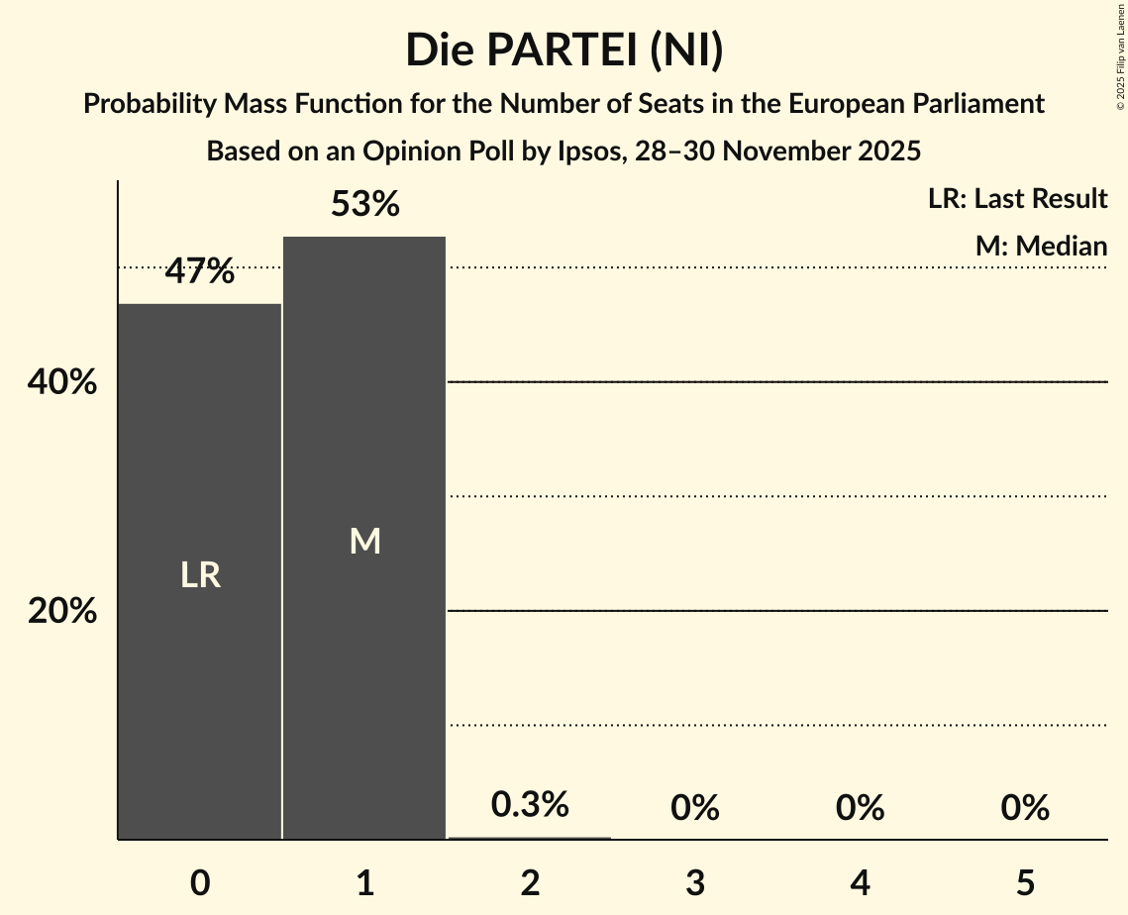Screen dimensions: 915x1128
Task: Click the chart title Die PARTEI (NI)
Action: (x=564, y=51)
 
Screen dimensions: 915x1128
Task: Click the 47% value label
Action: (x=200, y=270)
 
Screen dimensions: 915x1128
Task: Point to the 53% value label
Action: (x=364, y=204)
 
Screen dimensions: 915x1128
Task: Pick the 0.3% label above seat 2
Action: (x=530, y=804)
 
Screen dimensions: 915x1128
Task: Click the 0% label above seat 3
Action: (x=695, y=808)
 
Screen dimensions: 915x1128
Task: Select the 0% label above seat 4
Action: (x=860, y=808)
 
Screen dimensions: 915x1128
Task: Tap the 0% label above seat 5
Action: (x=1025, y=808)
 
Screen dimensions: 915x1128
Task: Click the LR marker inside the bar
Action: (x=200, y=574)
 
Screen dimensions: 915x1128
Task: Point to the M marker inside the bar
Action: (x=364, y=541)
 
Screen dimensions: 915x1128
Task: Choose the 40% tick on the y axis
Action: (x=62, y=382)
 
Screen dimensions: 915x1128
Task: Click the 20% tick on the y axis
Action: (x=62, y=611)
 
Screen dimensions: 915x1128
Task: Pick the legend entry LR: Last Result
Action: (x=1017, y=199)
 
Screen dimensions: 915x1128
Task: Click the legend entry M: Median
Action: (x=1041, y=246)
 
